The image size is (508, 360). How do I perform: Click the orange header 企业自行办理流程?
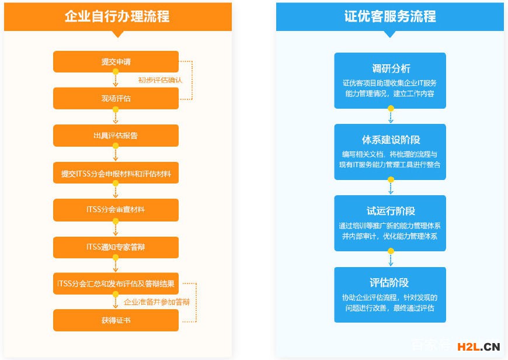click(117, 16)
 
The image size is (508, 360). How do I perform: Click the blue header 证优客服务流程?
click(389, 16)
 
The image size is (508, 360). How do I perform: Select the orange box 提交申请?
click(116, 62)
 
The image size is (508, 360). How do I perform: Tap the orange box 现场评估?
click(116, 98)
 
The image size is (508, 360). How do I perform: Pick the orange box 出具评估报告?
click(116, 136)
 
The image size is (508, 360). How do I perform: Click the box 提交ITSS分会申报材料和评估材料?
click(116, 173)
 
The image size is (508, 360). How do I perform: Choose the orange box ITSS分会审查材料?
click(116, 210)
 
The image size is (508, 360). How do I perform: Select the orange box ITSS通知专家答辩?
click(116, 247)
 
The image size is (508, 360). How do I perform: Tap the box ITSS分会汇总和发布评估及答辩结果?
click(116, 283)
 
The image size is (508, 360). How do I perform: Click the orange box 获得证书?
click(116, 320)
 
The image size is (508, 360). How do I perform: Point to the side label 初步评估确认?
click(160, 80)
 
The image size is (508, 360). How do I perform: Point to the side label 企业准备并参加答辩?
click(157, 302)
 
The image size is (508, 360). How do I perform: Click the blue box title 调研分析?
click(391, 69)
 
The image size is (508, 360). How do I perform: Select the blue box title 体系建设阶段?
click(391, 140)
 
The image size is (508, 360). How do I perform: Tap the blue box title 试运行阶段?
click(391, 212)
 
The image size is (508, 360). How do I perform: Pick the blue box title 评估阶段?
click(391, 283)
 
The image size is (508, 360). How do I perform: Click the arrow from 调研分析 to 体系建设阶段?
click(391, 116)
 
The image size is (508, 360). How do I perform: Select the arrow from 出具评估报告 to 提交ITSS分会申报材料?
click(116, 154)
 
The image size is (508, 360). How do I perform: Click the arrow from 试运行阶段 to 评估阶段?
click(391, 259)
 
